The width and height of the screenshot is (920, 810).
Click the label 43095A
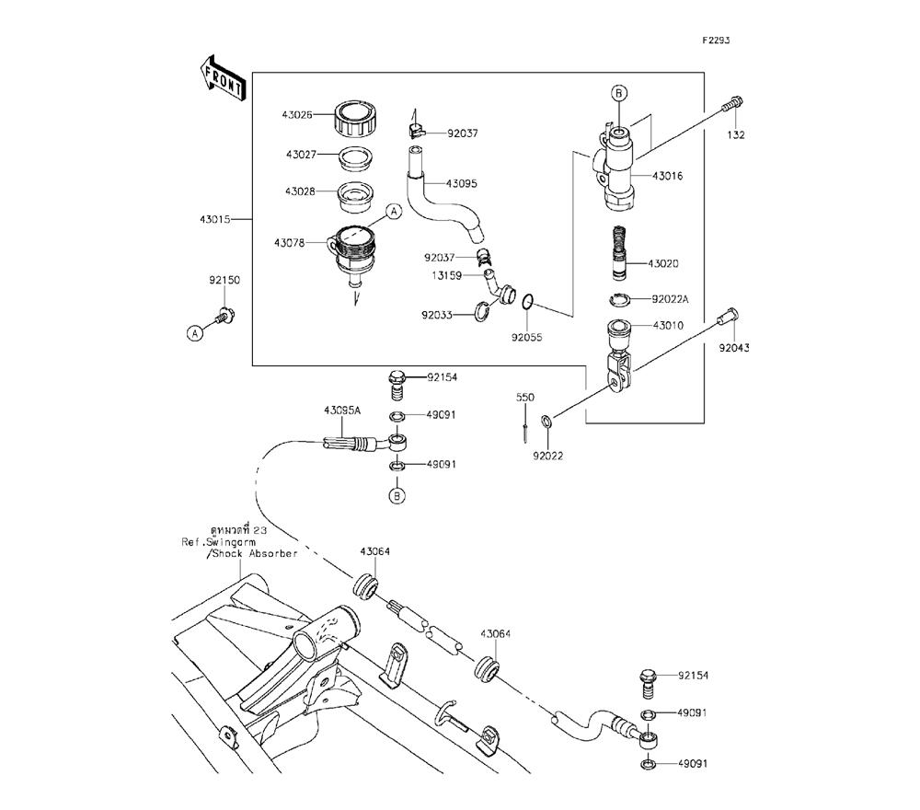340,410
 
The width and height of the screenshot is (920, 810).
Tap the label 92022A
671,299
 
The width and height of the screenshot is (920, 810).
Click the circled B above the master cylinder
619,92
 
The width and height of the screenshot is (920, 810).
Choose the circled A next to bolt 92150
195,334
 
